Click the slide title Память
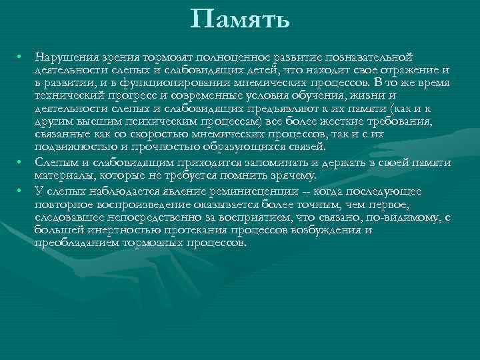240,19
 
